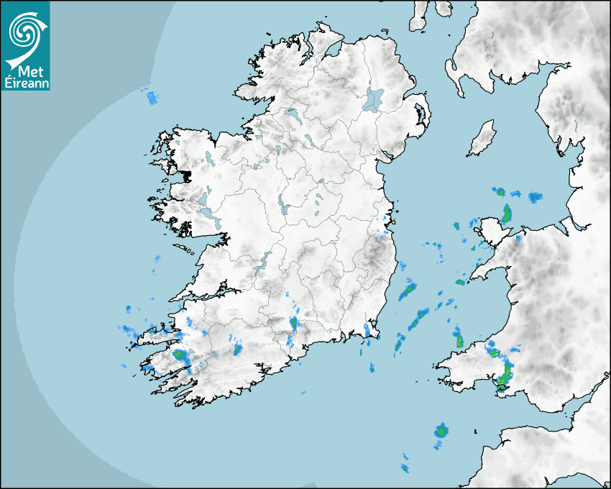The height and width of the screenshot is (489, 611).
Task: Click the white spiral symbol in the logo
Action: (24, 30)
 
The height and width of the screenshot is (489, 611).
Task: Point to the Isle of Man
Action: (482, 139)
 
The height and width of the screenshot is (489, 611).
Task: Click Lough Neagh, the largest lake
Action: (374, 99)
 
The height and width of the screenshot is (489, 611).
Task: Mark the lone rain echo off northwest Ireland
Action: (151, 97)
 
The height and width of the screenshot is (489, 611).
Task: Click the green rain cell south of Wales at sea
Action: (441, 431)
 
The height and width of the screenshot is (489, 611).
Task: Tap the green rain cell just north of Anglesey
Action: (507, 213)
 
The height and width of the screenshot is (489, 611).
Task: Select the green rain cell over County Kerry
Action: (180, 355)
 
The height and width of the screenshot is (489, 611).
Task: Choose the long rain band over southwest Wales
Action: (507, 373)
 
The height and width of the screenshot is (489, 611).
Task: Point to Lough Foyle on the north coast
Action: (332, 50)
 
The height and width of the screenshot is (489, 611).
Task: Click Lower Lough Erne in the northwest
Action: (291, 114)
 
